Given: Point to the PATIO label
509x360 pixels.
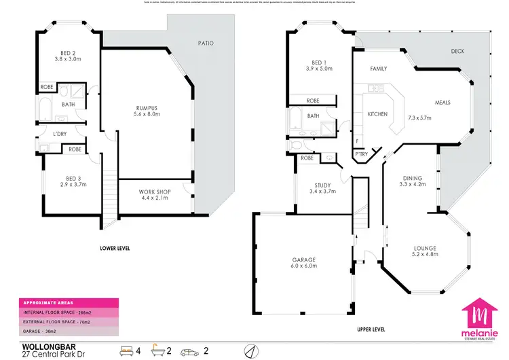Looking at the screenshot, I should coord(206,43).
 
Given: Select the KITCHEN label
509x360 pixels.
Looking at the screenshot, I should coord(377,114).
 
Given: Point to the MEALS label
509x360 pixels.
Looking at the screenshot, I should coord(442,103).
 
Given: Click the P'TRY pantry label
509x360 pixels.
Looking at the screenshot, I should coord(362,154).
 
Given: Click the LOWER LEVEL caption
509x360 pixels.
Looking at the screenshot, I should coord(114,249).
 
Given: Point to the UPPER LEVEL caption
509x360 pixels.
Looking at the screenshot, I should coord(371,329).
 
